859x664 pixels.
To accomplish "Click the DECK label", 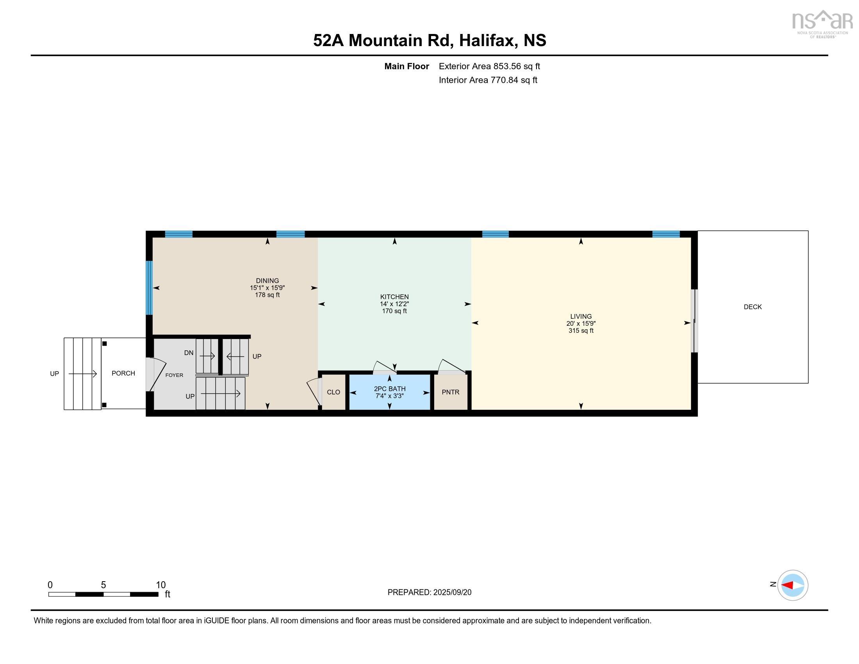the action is [x=752, y=307].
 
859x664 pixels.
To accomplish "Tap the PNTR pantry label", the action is [x=450, y=392].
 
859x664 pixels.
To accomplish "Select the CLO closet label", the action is [x=333, y=392].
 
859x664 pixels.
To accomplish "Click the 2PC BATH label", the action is [x=389, y=389].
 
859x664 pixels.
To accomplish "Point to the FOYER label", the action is [x=174, y=375].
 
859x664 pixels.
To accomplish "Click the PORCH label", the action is [x=123, y=373].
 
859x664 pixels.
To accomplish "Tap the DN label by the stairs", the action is [x=189, y=353].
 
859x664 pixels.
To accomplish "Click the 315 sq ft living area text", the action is [x=581, y=331].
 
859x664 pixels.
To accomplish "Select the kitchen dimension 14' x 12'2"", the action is [x=394, y=304].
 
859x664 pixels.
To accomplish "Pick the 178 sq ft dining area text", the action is [x=267, y=295].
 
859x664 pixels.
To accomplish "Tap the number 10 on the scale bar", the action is [x=160, y=585].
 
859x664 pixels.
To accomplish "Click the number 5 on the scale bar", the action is [x=103, y=585].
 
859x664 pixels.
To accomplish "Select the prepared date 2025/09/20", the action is [x=452, y=593].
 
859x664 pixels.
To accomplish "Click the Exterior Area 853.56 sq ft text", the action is [x=489, y=66].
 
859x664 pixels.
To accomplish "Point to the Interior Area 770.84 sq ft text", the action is [x=488, y=80].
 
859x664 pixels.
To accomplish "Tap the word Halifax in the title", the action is [x=487, y=41].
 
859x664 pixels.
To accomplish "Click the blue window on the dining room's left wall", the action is [x=149, y=287].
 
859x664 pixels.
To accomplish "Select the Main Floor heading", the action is [x=406, y=66].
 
